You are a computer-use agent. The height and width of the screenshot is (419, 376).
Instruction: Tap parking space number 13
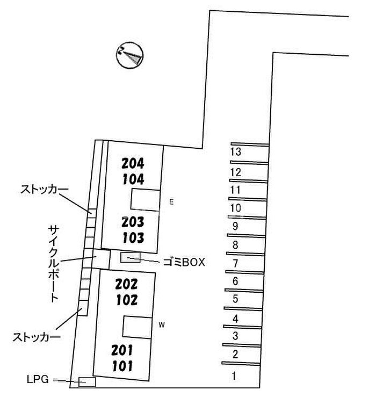(235, 152)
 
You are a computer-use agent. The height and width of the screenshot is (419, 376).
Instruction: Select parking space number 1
(234, 376)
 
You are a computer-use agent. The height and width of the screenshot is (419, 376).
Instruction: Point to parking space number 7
(235, 264)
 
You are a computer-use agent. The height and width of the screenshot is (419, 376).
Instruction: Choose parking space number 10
(235, 208)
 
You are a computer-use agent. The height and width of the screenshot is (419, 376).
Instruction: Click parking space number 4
(235, 319)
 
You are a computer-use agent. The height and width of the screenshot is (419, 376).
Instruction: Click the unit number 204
(133, 163)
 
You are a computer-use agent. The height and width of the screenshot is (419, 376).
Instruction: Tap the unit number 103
(133, 238)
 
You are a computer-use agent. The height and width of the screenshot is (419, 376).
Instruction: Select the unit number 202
(127, 284)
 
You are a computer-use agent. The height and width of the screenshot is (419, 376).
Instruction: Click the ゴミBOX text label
(184, 262)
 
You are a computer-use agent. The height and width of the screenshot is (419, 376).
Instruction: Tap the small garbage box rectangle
(131, 257)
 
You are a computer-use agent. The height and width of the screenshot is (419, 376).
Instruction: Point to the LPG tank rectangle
(87, 382)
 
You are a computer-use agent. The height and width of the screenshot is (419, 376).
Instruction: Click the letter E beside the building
(171, 202)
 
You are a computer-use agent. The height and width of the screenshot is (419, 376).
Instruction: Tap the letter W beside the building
(161, 324)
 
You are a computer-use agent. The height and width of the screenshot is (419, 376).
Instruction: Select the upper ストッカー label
(45, 190)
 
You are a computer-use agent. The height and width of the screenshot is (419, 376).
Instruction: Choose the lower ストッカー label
(37, 337)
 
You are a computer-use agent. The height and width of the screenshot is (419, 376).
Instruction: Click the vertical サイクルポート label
(53, 263)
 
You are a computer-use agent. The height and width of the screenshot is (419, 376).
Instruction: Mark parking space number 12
(235, 172)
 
